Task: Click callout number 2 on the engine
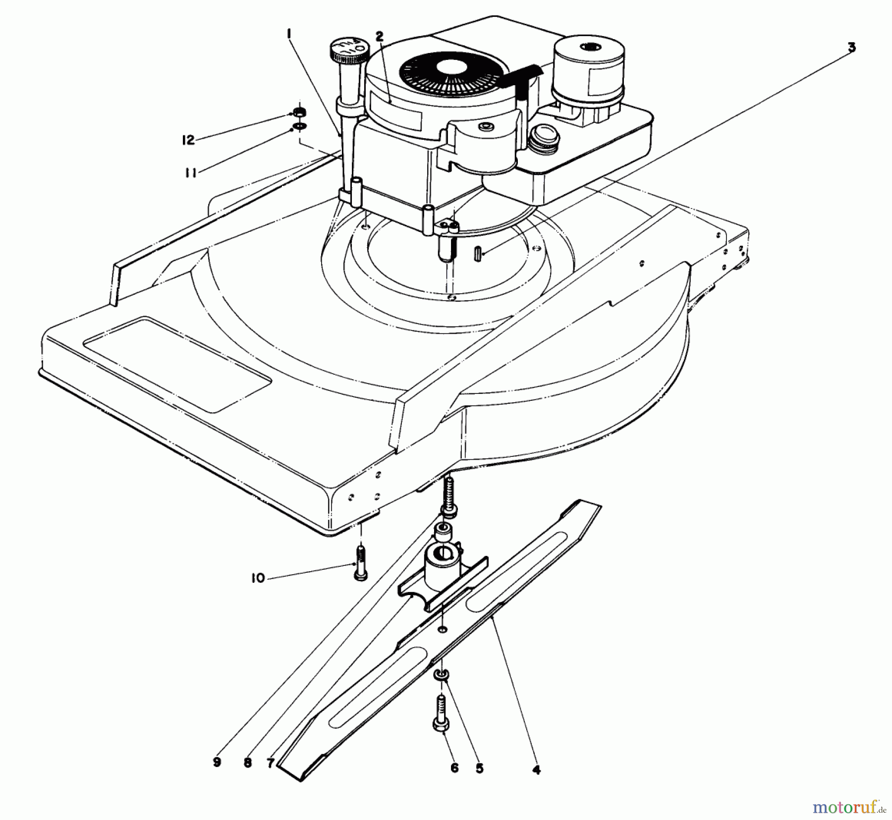click(379, 36)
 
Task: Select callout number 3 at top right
click(851, 48)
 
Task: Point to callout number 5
click(479, 768)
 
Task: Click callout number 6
click(454, 768)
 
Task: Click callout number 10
click(258, 578)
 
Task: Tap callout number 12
click(188, 140)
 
